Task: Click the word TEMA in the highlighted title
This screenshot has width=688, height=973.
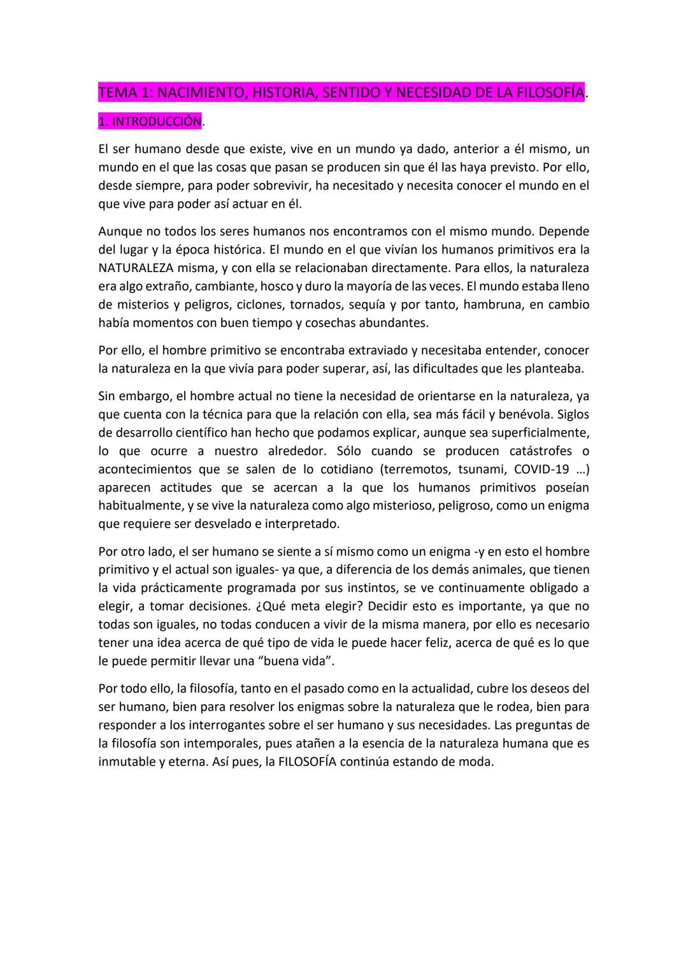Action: click(x=118, y=93)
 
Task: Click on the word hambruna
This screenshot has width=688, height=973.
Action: click(x=492, y=305)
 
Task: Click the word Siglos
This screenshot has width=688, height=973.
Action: click(x=573, y=415)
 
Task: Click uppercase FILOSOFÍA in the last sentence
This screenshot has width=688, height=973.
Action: click(x=306, y=762)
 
